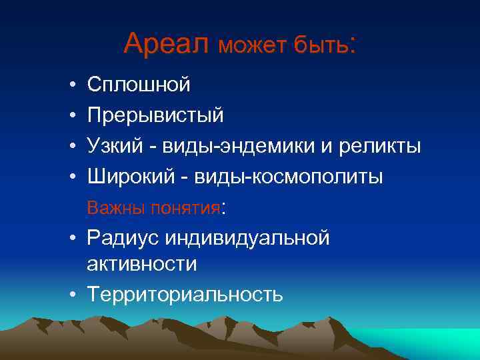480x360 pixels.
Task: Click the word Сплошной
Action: pos(139,85)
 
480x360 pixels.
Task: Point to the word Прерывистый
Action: pos(155,115)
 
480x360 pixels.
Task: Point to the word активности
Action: pos(141,264)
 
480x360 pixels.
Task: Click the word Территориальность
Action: pos(185,294)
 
